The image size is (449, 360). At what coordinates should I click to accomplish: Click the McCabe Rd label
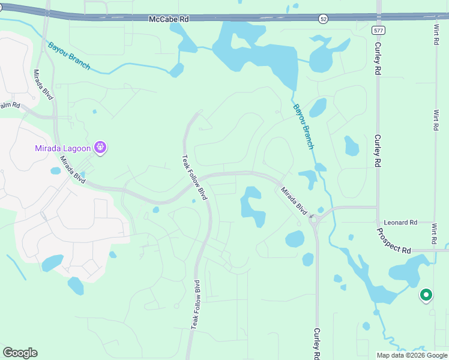pyautogui.click(x=169, y=19)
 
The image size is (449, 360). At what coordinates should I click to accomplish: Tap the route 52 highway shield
pyautogui.click(x=324, y=19)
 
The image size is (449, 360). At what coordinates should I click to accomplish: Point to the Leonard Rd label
pyautogui.click(x=400, y=223)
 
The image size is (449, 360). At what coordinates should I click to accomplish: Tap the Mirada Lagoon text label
pyautogui.click(x=62, y=148)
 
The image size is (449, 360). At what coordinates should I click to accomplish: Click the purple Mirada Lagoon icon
pyautogui.click(x=100, y=147)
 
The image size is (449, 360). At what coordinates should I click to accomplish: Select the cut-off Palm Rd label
pyautogui.click(x=10, y=106)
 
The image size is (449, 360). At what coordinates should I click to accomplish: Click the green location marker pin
pyautogui.click(x=426, y=295)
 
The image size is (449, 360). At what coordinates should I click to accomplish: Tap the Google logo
pyautogui.click(x=20, y=353)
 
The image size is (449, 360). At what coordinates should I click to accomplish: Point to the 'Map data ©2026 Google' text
pyautogui.click(x=412, y=355)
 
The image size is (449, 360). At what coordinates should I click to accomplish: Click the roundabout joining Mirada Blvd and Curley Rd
pyautogui.click(x=313, y=220)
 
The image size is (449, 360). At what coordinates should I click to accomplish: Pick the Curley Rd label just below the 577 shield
pyautogui.click(x=379, y=58)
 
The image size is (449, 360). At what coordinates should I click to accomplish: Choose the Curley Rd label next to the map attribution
pyautogui.click(x=317, y=344)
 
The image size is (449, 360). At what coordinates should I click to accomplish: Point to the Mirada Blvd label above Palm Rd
pyautogui.click(x=43, y=85)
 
